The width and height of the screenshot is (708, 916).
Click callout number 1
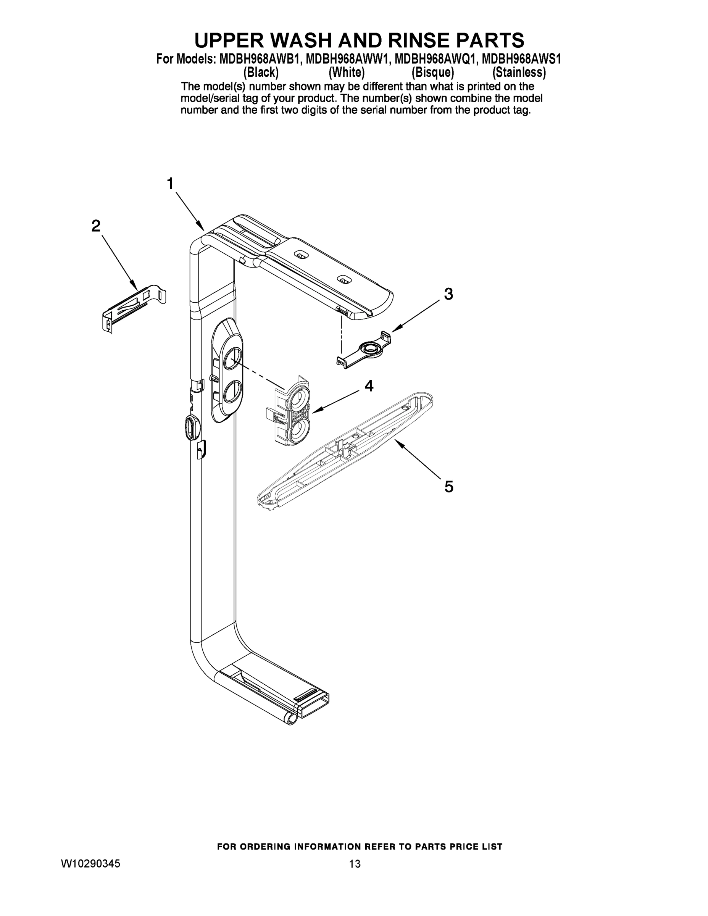[170, 184]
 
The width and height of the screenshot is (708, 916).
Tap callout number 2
[96, 226]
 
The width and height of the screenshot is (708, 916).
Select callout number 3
[448, 294]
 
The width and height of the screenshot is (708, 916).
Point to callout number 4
[369, 386]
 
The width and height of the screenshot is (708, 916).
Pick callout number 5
[449, 487]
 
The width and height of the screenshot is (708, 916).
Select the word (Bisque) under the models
[433, 73]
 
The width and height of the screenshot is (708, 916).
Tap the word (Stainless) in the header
[519, 73]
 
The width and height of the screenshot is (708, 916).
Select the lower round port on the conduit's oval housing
[232, 392]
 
